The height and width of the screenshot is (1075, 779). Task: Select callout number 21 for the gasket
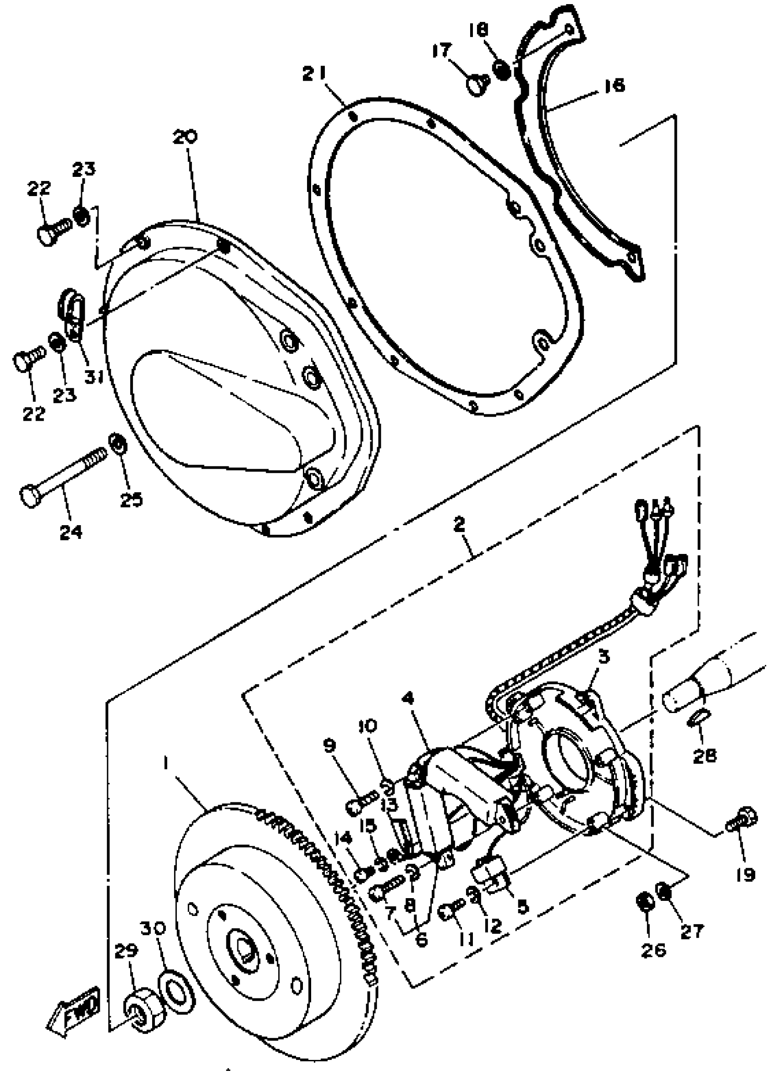315,74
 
